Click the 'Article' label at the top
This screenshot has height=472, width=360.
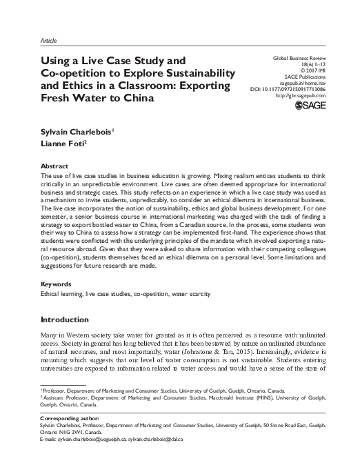coord(50,40)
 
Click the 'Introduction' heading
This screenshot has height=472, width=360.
coord(67,319)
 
